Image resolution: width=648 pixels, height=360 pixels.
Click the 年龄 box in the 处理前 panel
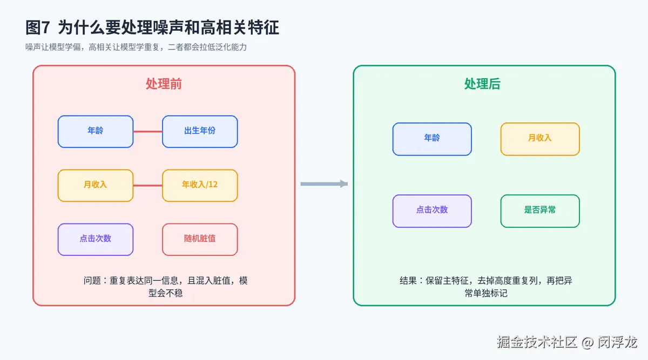pyautogui.click(x=96, y=132)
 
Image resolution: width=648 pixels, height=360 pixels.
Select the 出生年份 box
pyautogui.click(x=200, y=132)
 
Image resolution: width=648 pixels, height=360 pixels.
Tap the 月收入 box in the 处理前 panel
pyautogui.click(x=96, y=185)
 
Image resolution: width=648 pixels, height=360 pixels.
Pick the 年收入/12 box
pyautogui.click(x=200, y=185)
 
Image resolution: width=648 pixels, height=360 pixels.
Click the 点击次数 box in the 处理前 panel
pyautogui.click(x=96, y=240)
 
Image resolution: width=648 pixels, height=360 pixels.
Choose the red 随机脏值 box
pyautogui.click(x=200, y=240)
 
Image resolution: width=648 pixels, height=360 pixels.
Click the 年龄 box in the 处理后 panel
pyautogui.click(x=432, y=139)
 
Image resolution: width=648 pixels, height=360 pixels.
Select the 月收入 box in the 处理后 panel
pyautogui.click(x=540, y=139)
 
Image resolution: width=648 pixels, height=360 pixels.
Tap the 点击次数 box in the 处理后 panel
pyautogui.click(x=432, y=211)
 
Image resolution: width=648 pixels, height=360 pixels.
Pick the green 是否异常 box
pyautogui.click(x=540, y=211)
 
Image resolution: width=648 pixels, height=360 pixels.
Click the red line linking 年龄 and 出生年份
pyautogui.click(x=148, y=132)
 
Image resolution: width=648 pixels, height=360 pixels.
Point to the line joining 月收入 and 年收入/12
pyautogui.click(x=148, y=185)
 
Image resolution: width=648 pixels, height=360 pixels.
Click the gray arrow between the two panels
pyautogui.click(x=324, y=184)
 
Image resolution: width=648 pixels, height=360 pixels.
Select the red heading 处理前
pyautogui.click(x=164, y=84)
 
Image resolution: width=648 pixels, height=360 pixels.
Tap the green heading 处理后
pyautogui.click(x=482, y=84)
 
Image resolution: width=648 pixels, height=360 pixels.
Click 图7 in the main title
pyautogui.click(x=38, y=28)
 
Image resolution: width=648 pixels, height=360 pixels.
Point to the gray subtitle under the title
pyautogui.click(x=136, y=47)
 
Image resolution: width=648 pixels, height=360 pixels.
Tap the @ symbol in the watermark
pyautogui.click(x=588, y=343)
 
